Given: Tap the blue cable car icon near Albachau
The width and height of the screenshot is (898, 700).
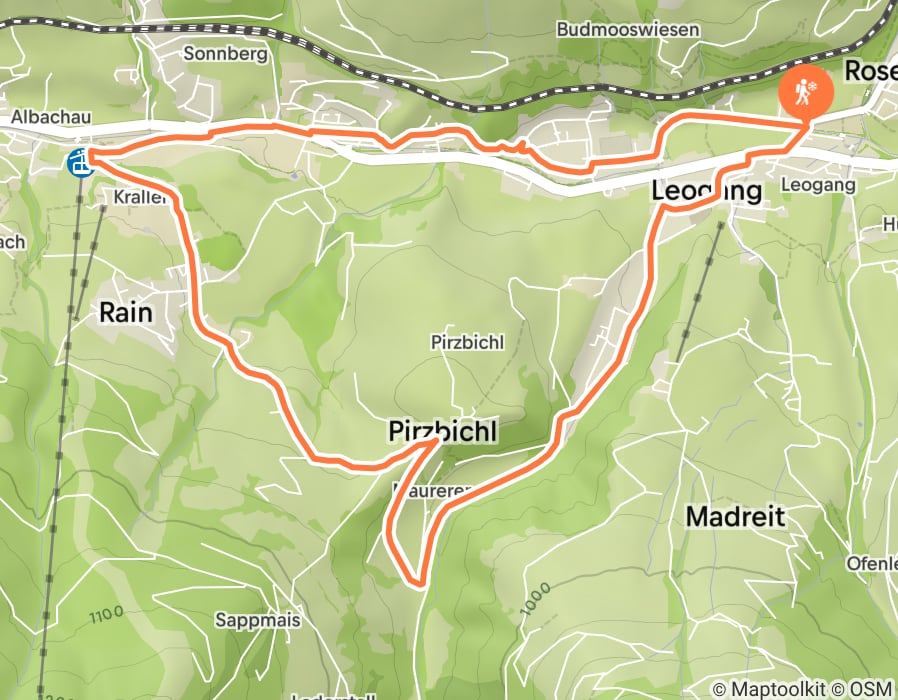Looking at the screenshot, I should click(79, 162).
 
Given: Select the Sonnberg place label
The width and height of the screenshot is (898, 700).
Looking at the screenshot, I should click(227, 54).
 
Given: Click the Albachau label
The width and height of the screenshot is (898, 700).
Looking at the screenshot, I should click(51, 118).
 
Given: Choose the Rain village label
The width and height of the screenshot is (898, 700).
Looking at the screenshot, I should click(126, 312).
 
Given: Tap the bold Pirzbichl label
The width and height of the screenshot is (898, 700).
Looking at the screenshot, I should click(440, 432).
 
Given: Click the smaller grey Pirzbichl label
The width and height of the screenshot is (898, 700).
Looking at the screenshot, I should click(467, 343).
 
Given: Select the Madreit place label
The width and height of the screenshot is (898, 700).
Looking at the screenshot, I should click(736, 516).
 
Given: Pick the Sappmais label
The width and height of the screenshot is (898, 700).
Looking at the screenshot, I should click(258, 620).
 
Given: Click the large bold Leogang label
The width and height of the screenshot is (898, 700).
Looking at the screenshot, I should click(706, 189).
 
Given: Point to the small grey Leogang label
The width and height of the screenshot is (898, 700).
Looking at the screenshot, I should click(817, 185).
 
